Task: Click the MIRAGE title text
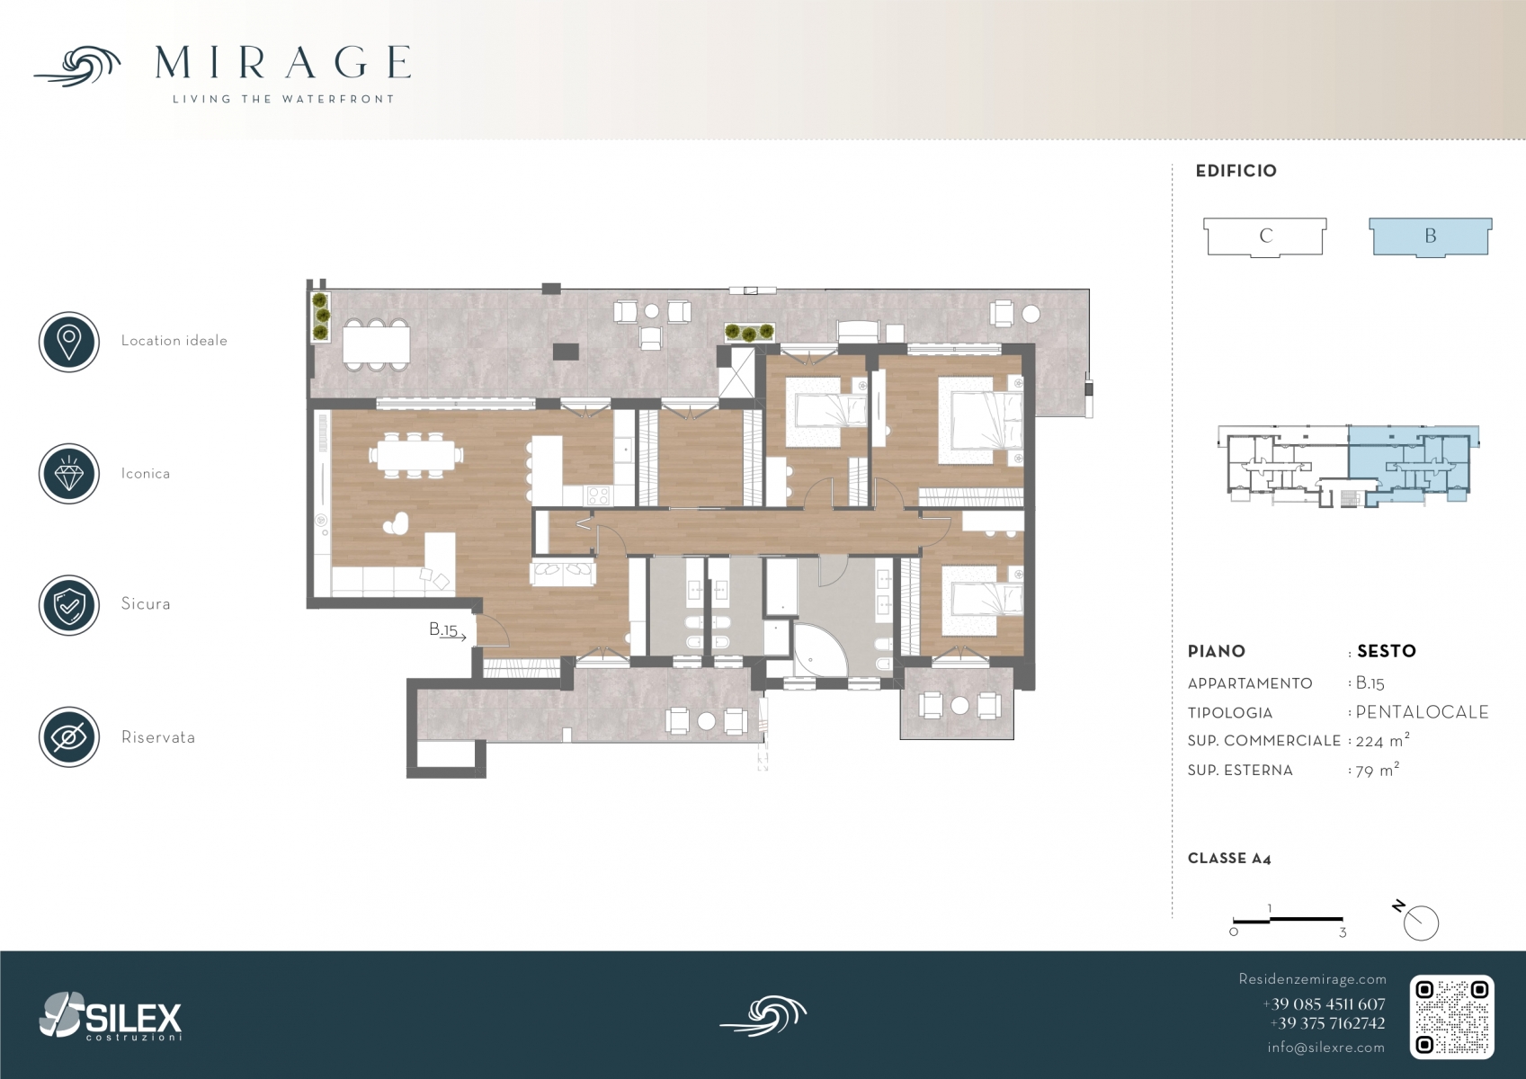pyautogui.click(x=282, y=62)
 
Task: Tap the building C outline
pyautogui.click(x=1265, y=236)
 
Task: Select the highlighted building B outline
pyautogui.click(x=1431, y=236)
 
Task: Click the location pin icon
pyautogui.click(x=69, y=342)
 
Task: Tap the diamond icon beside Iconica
pyautogui.click(x=69, y=474)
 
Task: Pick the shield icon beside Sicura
pyautogui.click(x=69, y=605)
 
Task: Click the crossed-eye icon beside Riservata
pyautogui.click(x=69, y=737)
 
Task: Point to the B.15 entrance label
pyautogui.click(x=443, y=629)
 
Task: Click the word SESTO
pyautogui.click(x=1387, y=651)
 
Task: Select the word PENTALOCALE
pyautogui.click(x=1422, y=712)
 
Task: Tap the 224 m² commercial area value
pyautogui.click(x=1382, y=740)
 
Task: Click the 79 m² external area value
pyautogui.click(x=1377, y=770)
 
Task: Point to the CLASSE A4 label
pyautogui.click(x=1229, y=859)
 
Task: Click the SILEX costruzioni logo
pyautogui.click(x=111, y=1016)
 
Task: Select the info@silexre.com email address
pyautogui.click(x=1325, y=1048)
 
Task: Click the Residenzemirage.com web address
pyautogui.click(x=1312, y=979)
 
